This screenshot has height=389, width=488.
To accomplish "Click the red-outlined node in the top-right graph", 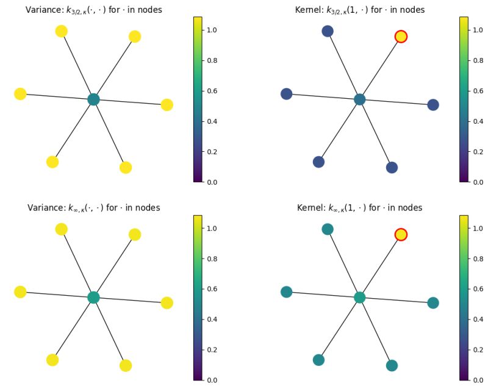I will (x=401, y=37).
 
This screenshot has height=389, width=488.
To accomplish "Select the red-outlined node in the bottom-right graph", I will (x=401, y=235).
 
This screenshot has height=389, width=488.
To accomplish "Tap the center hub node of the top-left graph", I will (x=93, y=99).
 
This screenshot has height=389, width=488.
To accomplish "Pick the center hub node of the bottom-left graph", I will (x=93, y=298).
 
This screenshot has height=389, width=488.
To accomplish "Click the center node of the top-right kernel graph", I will (x=360, y=99).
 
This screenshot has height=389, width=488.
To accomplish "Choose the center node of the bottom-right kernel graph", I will (x=360, y=298).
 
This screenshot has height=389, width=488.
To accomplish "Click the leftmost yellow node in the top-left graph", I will (x=20, y=94).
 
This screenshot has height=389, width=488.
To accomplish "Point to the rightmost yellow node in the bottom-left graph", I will (x=167, y=303).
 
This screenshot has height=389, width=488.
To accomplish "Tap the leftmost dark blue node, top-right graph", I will (x=287, y=94).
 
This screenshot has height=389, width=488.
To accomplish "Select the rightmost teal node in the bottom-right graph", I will (x=433, y=303).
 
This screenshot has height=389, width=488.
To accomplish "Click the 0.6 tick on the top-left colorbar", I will (x=210, y=91).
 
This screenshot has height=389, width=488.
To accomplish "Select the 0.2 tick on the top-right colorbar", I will (x=476, y=152).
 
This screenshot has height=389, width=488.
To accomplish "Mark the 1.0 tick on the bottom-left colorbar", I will (x=210, y=228).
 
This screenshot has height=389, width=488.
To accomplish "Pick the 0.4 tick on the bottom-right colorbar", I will (x=476, y=319).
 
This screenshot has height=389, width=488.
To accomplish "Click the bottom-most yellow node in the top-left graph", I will (x=126, y=168).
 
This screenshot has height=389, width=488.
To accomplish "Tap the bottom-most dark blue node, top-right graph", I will (x=392, y=168).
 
